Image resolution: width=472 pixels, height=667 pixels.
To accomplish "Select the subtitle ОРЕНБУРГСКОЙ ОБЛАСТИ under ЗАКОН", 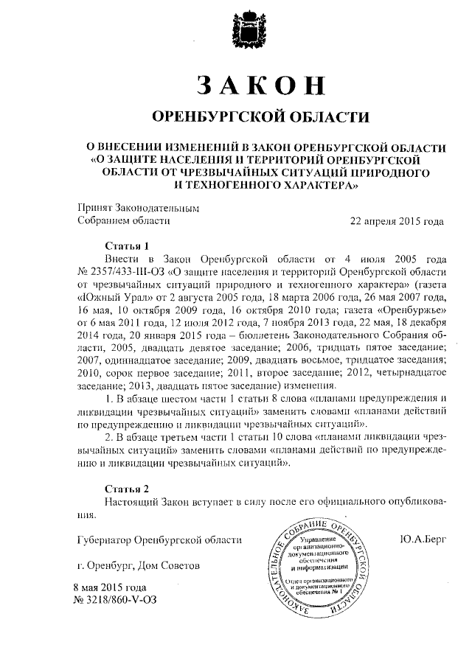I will [x=258, y=117].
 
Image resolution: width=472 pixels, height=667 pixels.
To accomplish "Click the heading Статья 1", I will [x=127, y=246].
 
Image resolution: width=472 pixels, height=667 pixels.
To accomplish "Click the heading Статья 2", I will [x=127, y=489].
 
